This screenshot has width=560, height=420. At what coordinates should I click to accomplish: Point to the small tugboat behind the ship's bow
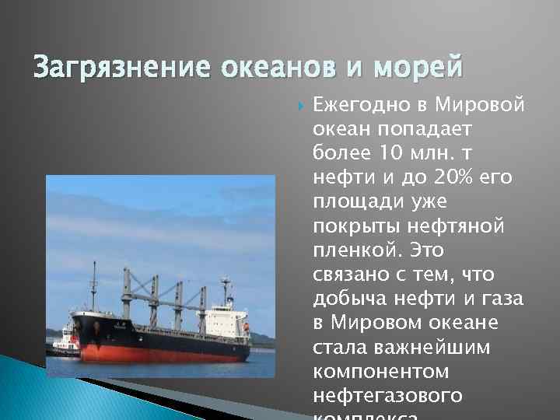64,339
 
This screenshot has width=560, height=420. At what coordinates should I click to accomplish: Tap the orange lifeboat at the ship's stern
246,327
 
